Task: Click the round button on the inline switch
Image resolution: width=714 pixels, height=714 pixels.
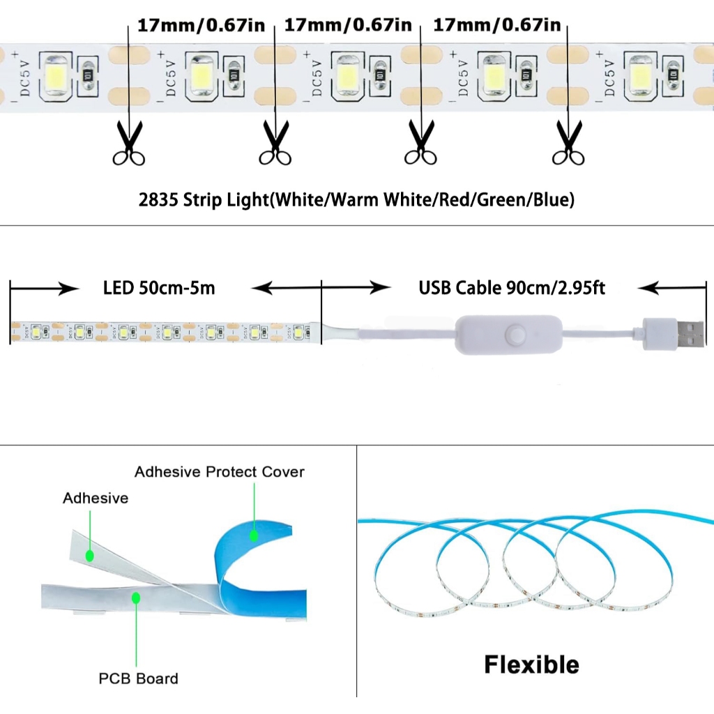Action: (x=516, y=336)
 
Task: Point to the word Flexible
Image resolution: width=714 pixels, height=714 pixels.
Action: (x=531, y=664)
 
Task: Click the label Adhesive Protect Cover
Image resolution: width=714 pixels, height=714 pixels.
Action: (x=219, y=472)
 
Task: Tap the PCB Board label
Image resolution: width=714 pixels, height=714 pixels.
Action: (x=138, y=678)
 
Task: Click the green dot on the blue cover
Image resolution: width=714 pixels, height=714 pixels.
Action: (x=254, y=535)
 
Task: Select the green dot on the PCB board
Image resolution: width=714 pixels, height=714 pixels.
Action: (x=137, y=598)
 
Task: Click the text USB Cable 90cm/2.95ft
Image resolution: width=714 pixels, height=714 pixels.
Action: (x=511, y=288)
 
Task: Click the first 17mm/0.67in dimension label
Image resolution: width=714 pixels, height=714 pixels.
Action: (x=202, y=26)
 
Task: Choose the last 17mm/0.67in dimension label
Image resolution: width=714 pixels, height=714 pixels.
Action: (x=496, y=26)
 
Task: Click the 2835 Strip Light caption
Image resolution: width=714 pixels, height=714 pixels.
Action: (x=356, y=201)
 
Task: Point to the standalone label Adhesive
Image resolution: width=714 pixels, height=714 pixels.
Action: (x=96, y=498)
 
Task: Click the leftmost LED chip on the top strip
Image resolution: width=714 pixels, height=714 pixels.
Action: (x=54, y=71)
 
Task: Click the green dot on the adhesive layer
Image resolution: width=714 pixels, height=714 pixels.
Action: (x=89, y=556)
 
